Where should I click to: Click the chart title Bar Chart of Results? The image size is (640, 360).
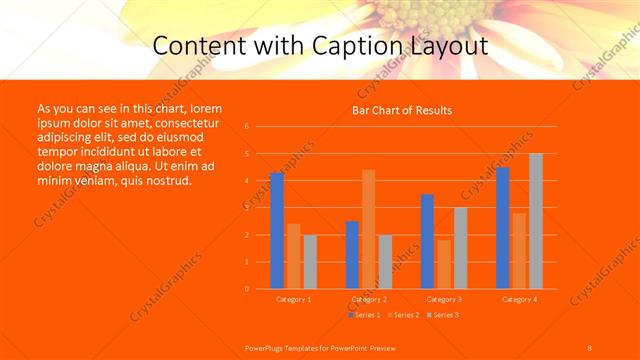point(402,110)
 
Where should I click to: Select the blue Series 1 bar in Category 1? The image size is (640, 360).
point(277,230)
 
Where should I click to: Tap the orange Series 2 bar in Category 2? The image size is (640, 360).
point(369,229)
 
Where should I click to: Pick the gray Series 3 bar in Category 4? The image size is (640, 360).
point(536,221)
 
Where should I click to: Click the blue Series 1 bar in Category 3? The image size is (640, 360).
point(427,241)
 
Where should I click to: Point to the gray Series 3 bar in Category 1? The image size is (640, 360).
point(310,262)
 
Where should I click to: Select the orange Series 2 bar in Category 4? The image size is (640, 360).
point(519,250)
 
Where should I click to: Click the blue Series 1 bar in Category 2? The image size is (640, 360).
point(352,255)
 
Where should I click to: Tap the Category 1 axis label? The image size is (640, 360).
point(294,299)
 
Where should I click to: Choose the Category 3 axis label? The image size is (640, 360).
point(444,299)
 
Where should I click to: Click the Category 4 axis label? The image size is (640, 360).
point(519,299)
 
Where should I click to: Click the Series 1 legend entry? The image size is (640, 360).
point(366,315)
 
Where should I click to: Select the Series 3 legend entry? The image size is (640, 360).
point(443,315)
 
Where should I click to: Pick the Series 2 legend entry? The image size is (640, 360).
point(404,315)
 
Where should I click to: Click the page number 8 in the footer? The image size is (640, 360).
point(590,347)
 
